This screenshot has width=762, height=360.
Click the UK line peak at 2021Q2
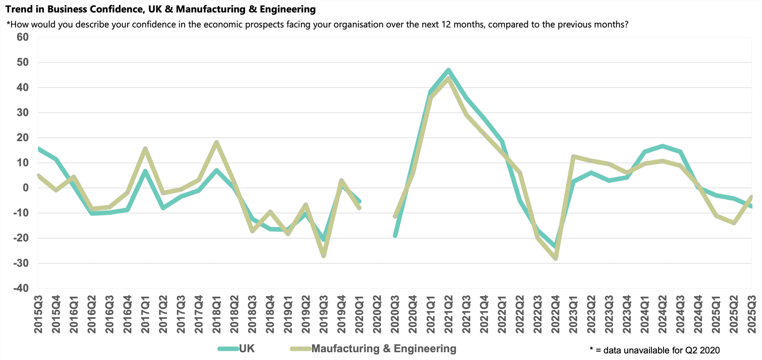pos(449,70)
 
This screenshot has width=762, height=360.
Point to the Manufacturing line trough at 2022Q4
pos(556,259)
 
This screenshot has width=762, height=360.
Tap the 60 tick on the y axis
pos(22,37)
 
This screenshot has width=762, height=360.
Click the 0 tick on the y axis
pos(25,188)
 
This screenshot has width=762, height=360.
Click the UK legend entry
pos(246,349)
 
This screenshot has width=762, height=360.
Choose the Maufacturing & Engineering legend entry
pos(383,349)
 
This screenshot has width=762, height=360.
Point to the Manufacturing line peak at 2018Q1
pos(216,143)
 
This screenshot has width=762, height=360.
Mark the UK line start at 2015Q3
pos(39,149)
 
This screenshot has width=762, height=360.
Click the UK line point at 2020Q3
pos(395,235)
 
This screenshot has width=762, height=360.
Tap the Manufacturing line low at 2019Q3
pos(324,256)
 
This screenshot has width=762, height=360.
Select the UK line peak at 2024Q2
pos(662,146)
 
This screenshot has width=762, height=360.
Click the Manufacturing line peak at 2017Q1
pos(145,149)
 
